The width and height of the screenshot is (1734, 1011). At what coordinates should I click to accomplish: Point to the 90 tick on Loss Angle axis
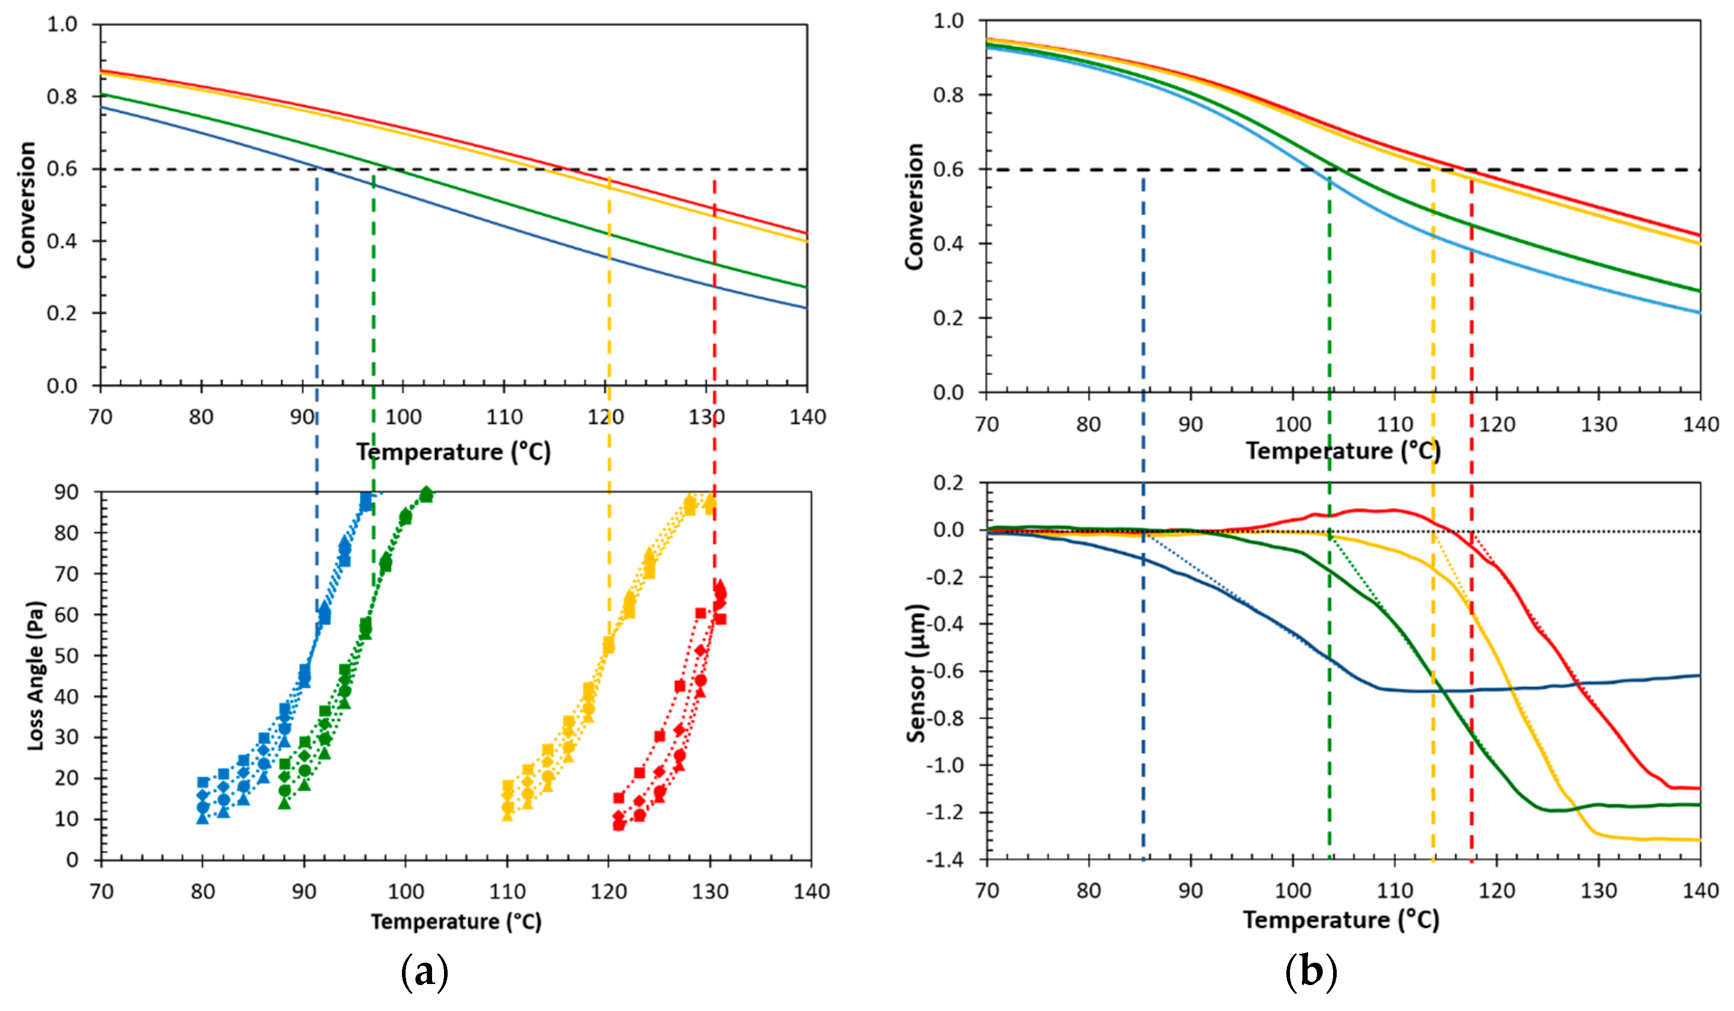pos(67,492)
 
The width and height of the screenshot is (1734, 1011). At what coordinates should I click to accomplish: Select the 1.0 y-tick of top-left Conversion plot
pos(62,24)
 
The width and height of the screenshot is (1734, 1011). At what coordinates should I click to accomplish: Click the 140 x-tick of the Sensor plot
pos(1700,890)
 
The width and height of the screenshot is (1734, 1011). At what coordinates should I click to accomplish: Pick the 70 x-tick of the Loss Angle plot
pos(101,892)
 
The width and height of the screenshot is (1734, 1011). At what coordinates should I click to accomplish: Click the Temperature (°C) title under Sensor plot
pos(1340,920)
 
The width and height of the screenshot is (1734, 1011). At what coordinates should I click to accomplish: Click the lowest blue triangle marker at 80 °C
pos(203,818)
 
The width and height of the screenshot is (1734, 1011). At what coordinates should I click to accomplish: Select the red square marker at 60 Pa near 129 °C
pos(701,613)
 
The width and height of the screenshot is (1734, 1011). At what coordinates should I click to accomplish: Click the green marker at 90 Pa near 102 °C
pos(427,494)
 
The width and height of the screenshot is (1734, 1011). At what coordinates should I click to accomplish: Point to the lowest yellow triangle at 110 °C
pos(507,815)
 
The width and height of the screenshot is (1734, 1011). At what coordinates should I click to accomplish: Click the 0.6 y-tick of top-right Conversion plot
pos(948,169)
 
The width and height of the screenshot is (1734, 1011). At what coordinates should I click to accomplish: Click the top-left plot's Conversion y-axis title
pos(26,205)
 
